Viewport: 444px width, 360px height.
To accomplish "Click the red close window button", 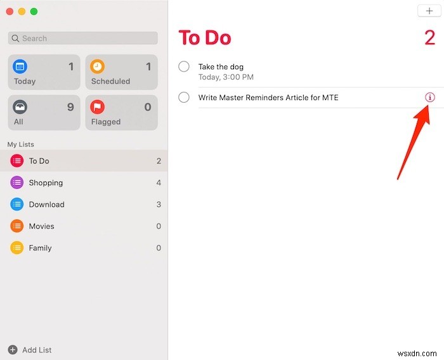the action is [10, 11].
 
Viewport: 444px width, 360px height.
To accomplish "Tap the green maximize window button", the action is [34, 11].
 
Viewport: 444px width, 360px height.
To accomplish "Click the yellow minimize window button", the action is [22, 11].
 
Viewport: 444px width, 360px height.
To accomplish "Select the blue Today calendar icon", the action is [20, 67].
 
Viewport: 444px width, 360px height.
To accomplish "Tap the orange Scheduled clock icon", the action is [97, 67].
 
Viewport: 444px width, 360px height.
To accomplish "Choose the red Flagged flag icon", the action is [97, 107].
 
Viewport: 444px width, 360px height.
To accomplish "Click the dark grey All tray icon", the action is [20, 107].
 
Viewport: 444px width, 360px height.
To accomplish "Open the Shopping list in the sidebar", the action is [46, 183].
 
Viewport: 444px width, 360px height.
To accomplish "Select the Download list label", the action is [47, 204].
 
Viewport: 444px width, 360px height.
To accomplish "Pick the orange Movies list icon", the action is [17, 226].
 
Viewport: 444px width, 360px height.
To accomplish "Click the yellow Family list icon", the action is [17, 248].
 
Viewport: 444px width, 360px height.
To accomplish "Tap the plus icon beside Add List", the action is [13, 350].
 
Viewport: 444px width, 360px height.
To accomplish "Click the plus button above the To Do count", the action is [429, 11].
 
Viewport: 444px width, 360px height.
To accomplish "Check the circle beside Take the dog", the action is [184, 67].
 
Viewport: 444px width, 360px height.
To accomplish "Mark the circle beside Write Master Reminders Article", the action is [184, 98].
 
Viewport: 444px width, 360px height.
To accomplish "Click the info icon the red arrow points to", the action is [430, 98].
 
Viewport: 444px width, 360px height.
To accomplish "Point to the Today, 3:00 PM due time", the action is [226, 77].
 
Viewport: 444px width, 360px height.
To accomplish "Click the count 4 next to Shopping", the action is [159, 183].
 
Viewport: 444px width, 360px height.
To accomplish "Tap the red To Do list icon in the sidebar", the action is [17, 161].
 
